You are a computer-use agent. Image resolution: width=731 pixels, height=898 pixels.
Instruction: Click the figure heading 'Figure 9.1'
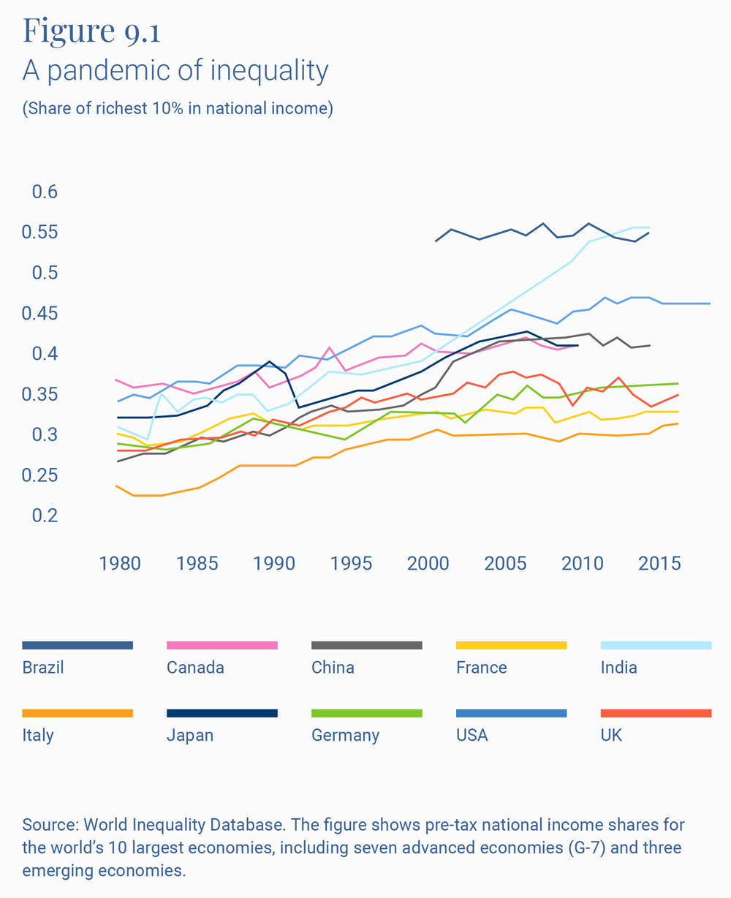(91, 30)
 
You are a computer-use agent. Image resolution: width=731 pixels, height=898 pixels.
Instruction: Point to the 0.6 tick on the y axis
(45, 192)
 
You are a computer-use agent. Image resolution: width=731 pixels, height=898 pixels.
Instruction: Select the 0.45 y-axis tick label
(40, 314)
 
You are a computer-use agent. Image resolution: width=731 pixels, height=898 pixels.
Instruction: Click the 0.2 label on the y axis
(45, 516)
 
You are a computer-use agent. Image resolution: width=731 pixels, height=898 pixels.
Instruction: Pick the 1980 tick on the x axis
(121, 564)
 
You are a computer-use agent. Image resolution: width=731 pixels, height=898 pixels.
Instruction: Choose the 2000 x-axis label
(428, 564)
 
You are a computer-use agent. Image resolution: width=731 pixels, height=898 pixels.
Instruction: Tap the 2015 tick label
(659, 564)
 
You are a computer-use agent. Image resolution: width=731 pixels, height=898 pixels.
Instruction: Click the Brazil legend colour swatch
(77, 645)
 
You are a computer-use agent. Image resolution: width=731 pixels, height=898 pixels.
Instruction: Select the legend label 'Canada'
(195, 668)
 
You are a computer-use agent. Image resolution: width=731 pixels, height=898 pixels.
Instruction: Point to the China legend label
(333, 668)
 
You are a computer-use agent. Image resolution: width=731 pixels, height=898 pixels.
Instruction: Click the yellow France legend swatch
(511, 645)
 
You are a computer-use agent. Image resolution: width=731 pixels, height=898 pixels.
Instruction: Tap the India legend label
(618, 668)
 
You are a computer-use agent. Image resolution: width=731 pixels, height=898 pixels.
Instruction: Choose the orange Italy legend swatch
(77, 713)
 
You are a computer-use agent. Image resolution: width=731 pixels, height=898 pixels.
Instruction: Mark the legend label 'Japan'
(190, 735)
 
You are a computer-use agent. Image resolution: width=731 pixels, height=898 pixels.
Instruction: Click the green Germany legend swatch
(366, 713)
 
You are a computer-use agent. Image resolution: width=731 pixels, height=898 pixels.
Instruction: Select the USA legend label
(471, 735)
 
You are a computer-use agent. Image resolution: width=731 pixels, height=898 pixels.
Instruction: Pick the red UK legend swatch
(656, 713)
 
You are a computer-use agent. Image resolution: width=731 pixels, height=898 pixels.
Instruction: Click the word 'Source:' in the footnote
(50, 825)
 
